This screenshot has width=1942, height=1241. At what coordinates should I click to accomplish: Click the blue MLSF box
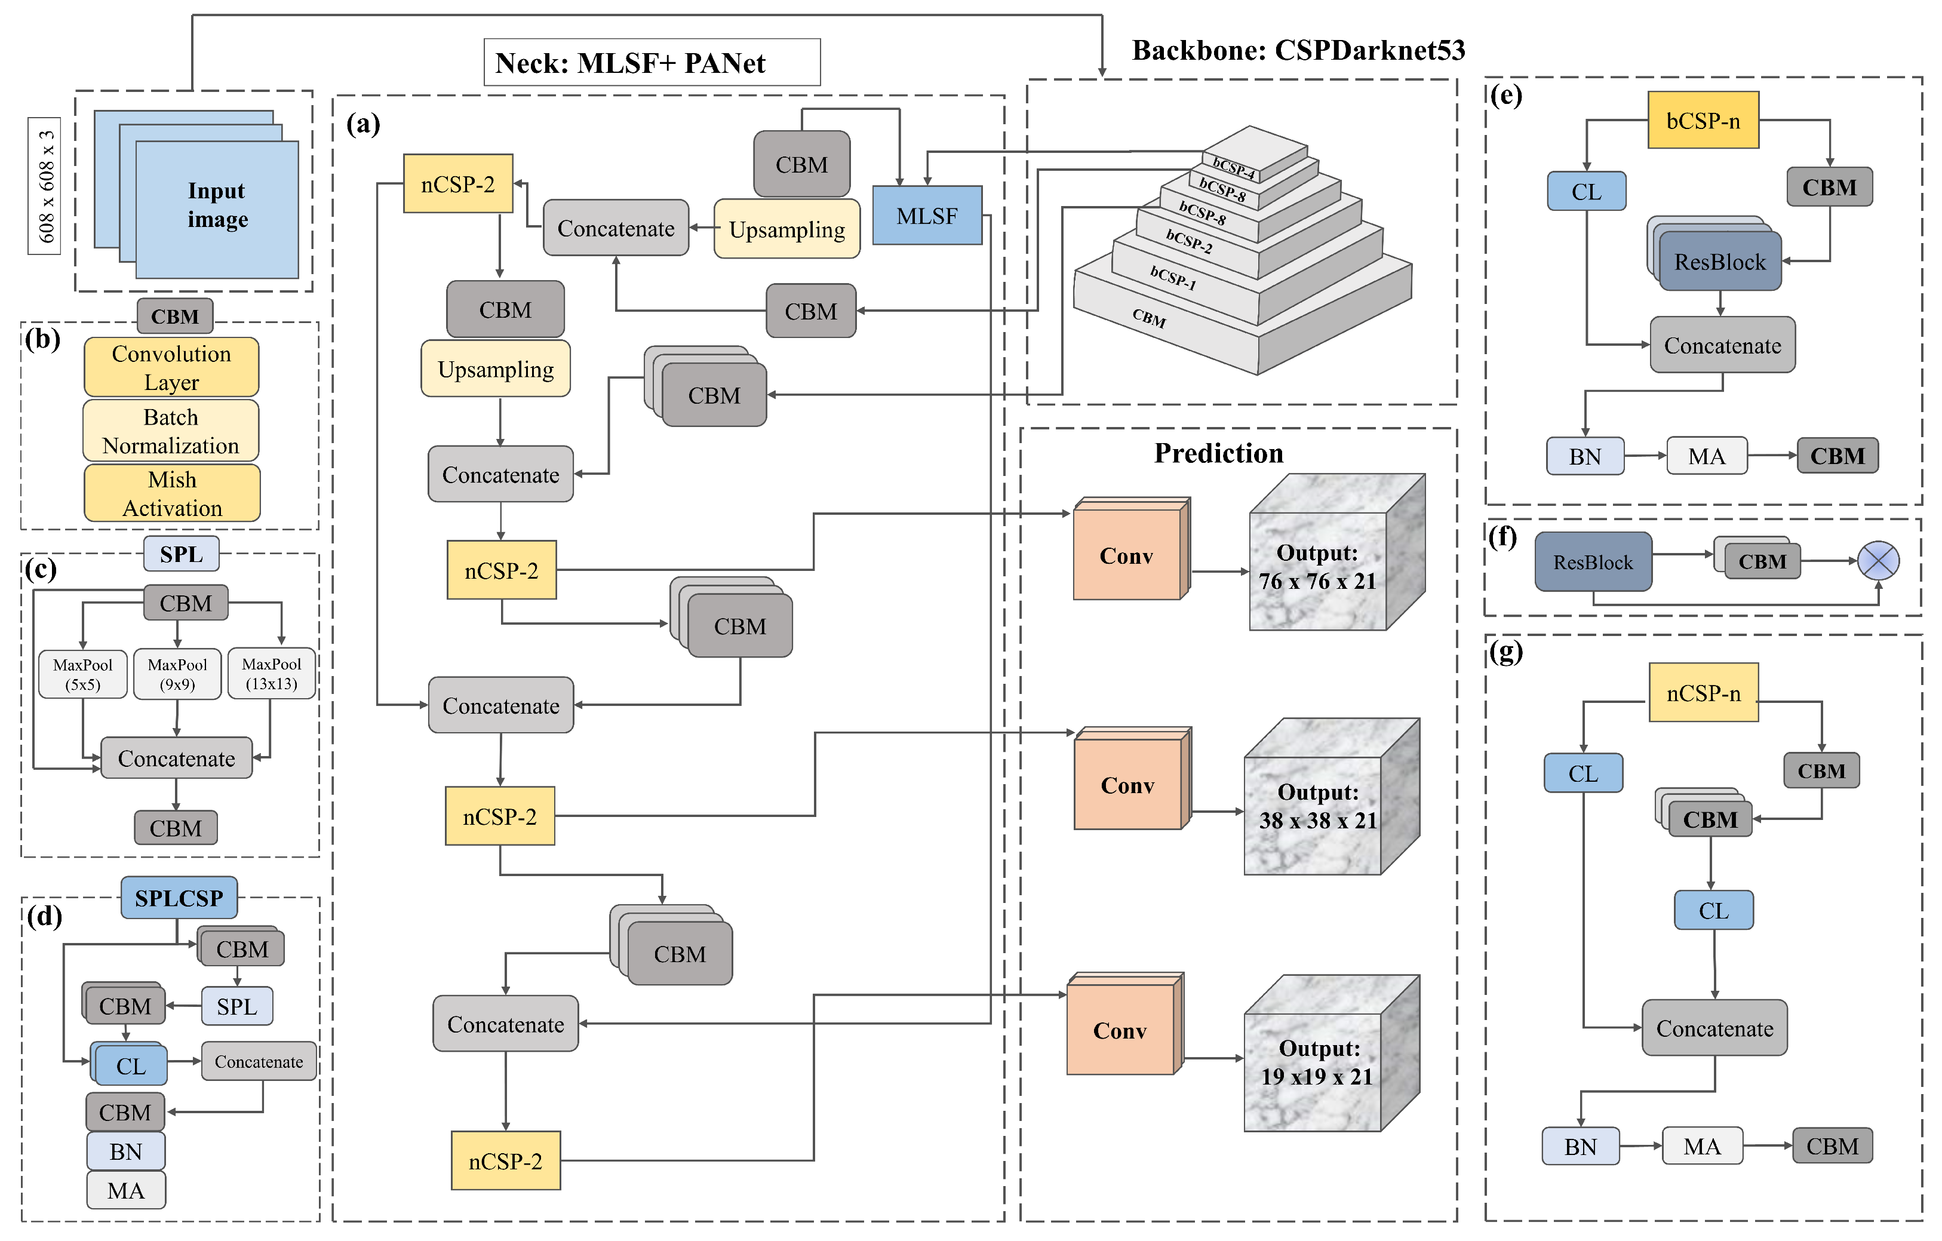[927, 216]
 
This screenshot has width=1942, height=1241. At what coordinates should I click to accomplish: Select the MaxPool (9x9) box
[177, 674]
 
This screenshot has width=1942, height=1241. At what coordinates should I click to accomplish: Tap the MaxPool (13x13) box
[272, 673]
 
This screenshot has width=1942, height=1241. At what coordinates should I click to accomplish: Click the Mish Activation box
[172, 493]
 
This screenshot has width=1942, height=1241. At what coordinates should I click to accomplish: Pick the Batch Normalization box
[171, 431]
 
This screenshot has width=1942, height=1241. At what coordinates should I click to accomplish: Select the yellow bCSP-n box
[1703, 120]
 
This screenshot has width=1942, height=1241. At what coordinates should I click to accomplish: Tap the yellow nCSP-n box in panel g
[1703, 693]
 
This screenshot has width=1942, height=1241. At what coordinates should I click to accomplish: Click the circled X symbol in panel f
[1878, 560]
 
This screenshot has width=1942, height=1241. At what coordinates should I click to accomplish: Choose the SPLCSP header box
[179, 898]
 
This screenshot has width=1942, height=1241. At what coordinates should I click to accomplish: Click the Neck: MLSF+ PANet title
[630, 63]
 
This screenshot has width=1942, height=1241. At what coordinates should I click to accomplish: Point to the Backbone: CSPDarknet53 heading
[1298, 50]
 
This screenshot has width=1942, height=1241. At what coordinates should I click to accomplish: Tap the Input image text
[217, 205]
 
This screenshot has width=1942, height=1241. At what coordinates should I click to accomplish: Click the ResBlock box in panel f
[1593, 562]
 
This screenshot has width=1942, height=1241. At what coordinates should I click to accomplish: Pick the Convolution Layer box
[171, 367]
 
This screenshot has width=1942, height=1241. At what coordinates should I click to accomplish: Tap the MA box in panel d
[126, 1190]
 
